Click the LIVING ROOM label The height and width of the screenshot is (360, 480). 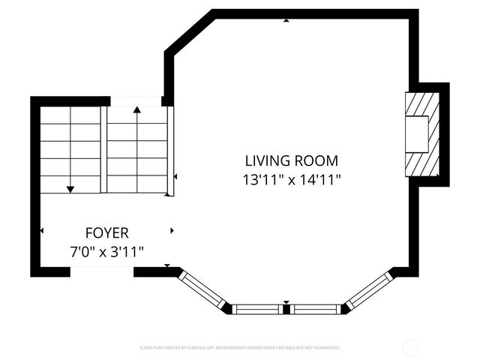click(291, 160)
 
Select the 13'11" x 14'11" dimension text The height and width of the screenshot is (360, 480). click(291, 180)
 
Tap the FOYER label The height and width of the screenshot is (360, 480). click(106, 233)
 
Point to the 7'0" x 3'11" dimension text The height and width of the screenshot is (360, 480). click(106, 253)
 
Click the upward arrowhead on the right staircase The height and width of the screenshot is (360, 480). click(136, 110)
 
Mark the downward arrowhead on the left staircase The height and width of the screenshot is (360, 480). click(70, 189)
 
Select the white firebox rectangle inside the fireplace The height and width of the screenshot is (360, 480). click(417, 134)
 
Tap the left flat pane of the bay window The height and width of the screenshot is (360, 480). click(257, 308)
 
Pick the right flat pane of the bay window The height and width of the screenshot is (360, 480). click(315, 308)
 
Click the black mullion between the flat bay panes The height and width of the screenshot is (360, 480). click(286, 308)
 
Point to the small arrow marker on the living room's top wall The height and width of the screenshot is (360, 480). click(286, 20)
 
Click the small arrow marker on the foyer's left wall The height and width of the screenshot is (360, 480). click(41, 230)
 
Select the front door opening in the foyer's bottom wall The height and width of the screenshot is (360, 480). click(101, 271)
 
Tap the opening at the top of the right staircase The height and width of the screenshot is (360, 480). click(136, 101)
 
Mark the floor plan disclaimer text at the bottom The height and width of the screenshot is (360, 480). click(240, 348)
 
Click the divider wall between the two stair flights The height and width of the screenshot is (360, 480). click(103, 148)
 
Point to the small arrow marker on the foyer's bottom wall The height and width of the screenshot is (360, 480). click(166, 265)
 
